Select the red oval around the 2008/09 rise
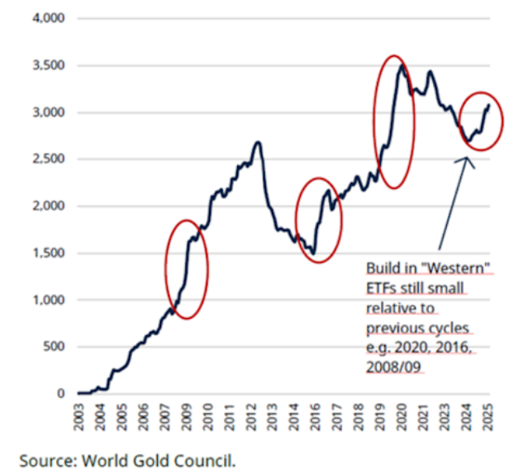tap(187, 269)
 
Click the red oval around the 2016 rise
tap(318, 219)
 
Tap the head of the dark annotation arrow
tap(469, 159)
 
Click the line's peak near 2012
tap(258, 143)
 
